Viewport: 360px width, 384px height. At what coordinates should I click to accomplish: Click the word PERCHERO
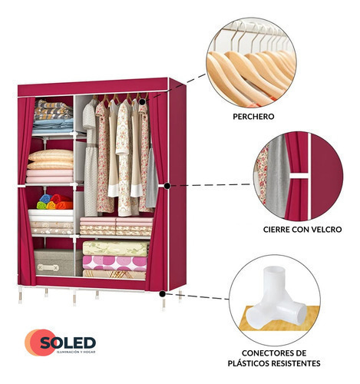point(253,117)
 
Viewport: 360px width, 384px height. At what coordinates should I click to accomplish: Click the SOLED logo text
point(68,343)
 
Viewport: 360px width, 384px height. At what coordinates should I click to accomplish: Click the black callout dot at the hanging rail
point(143,102)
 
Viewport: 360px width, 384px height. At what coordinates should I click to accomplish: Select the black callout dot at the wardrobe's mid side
point(167,186)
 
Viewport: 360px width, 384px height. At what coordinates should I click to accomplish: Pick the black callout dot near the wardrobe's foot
point(162,294)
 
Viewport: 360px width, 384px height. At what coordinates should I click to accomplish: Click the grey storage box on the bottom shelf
point(54,263)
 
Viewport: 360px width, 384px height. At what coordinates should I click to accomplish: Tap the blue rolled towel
point(45,199)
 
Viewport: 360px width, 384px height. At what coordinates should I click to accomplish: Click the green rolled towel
point(41,205)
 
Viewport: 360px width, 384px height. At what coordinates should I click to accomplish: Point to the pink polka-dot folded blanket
point(114,263)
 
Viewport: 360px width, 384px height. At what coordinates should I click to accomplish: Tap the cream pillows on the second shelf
point(51,160)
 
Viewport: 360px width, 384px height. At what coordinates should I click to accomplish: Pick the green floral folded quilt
point(115,248)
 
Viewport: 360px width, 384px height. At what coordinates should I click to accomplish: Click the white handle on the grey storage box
point(48,268)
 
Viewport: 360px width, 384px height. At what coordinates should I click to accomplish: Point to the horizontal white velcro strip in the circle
point(299,176)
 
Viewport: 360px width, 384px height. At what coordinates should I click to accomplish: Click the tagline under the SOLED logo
point(76,352)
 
